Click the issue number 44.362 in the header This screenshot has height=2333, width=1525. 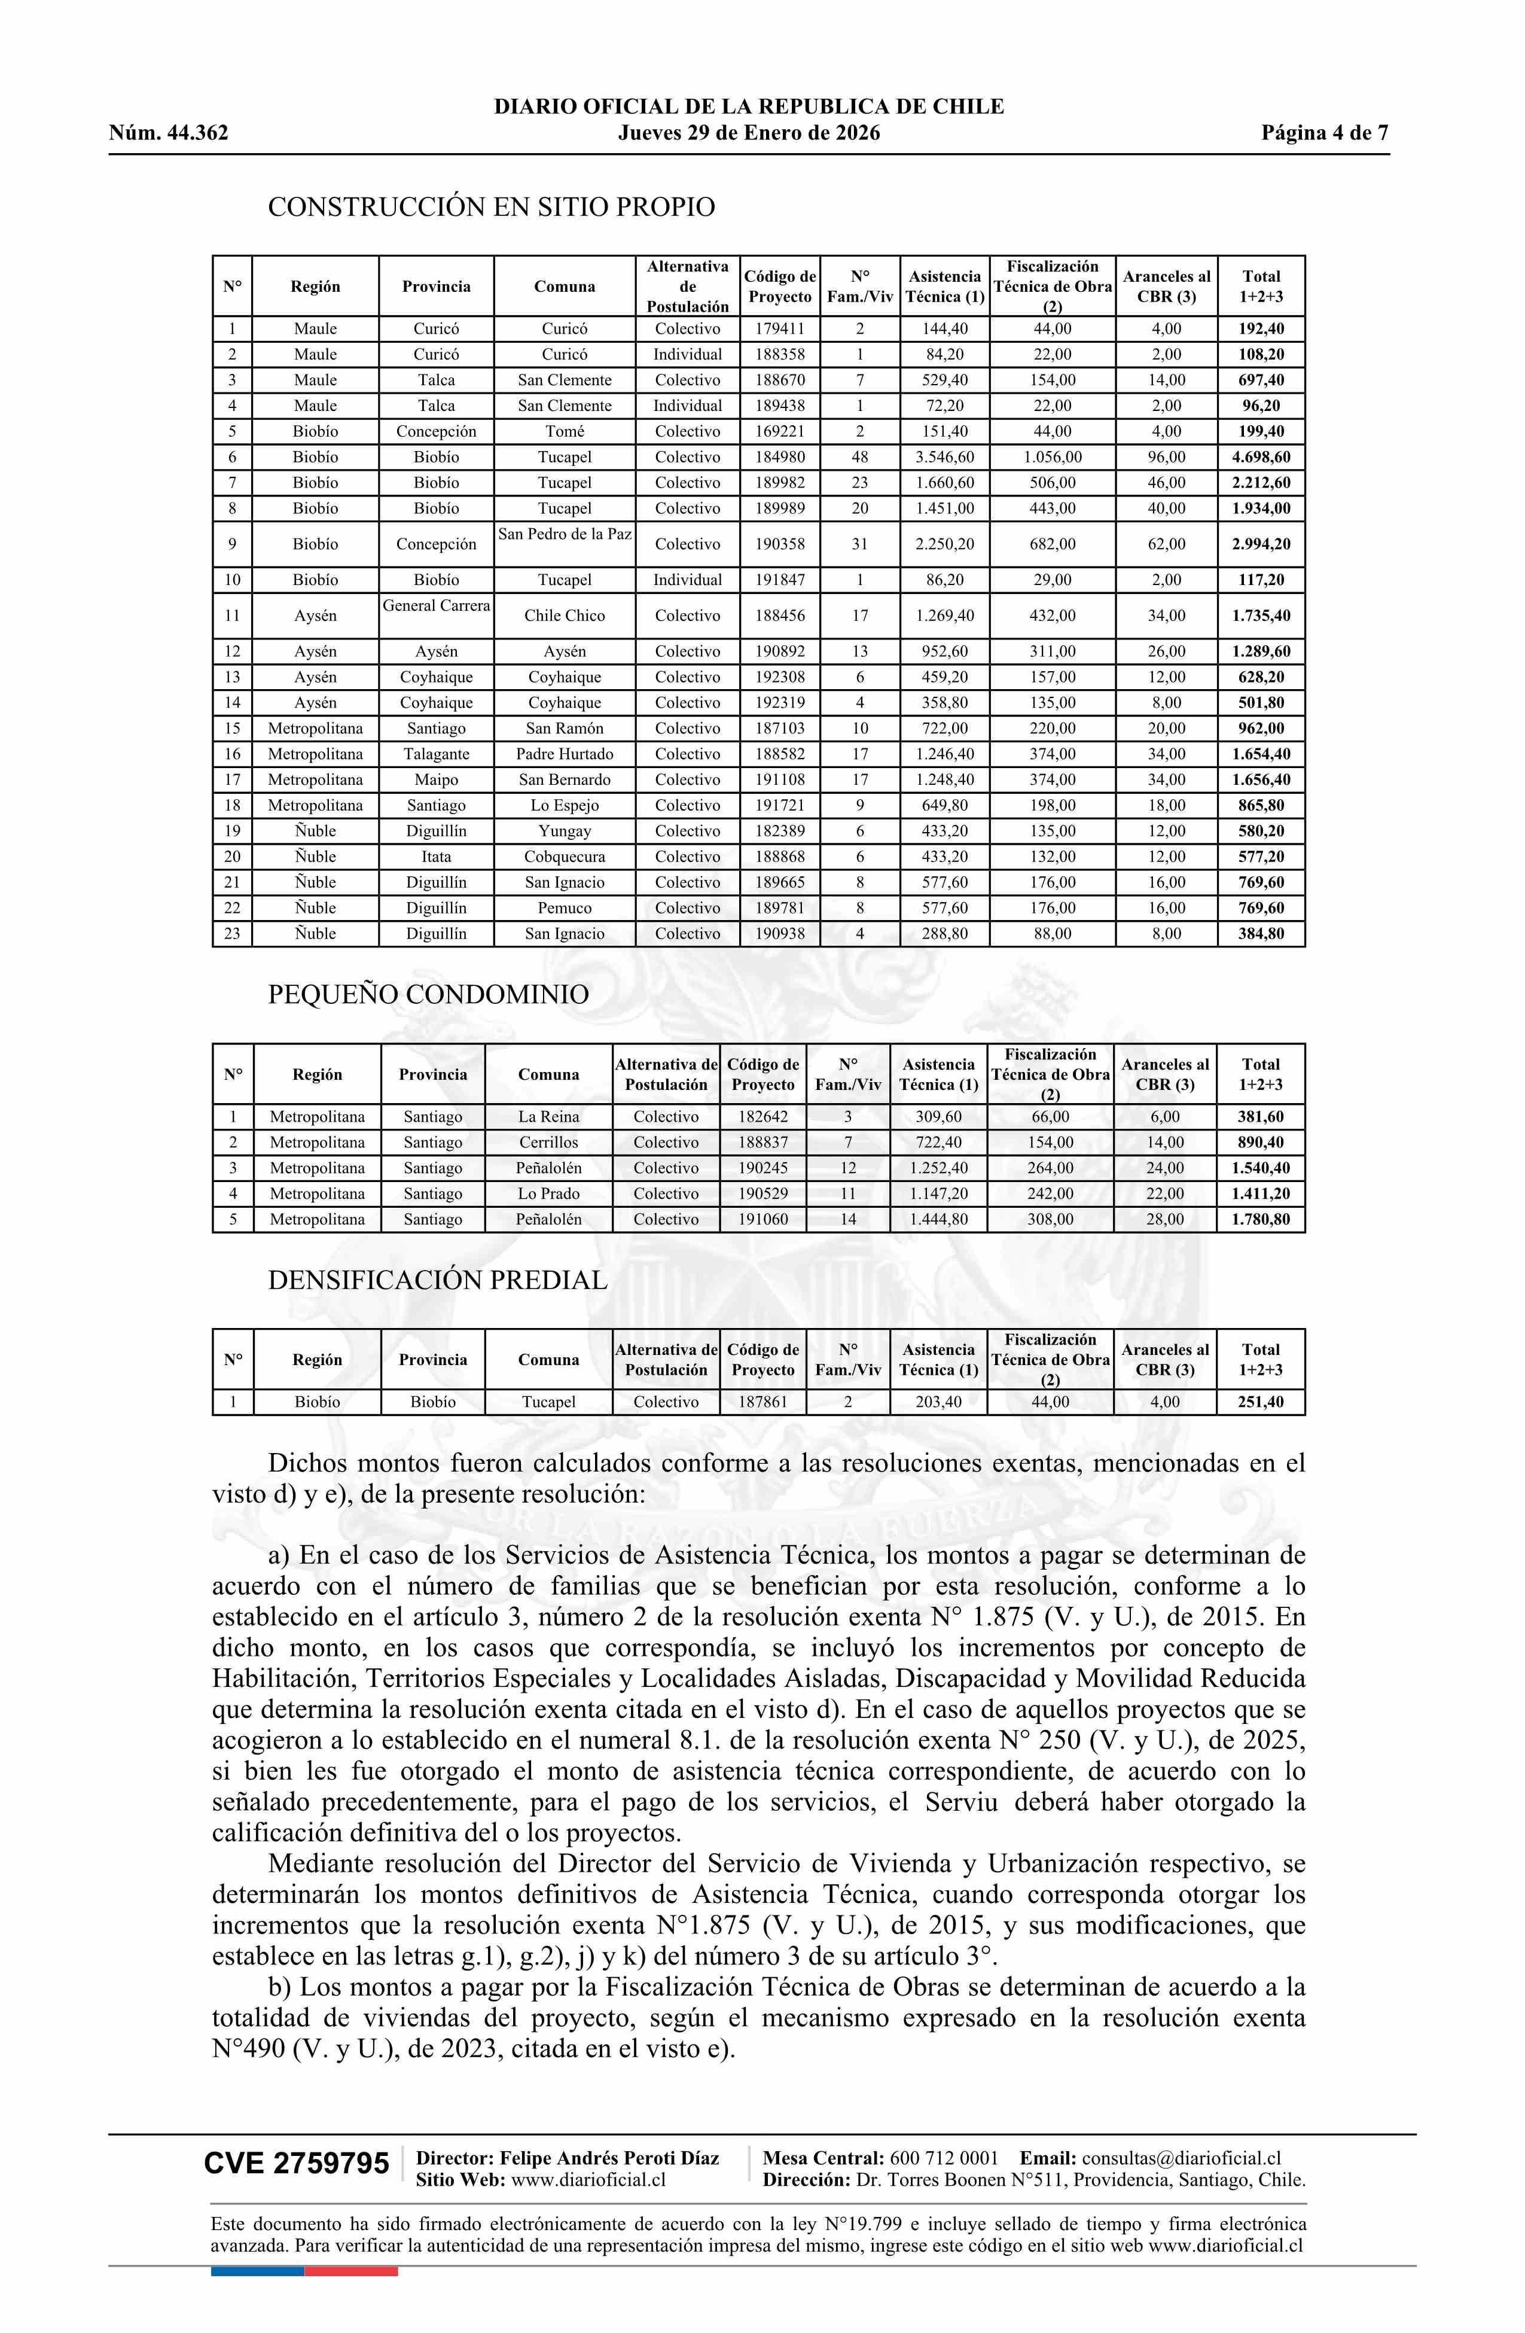pos(197,133)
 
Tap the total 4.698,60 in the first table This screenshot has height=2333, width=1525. pos(1261,457)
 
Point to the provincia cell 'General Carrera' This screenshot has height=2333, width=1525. pos(436,606)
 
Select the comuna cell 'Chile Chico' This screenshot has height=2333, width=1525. pos(565,616)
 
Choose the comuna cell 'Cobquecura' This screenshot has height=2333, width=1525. pos(565,857)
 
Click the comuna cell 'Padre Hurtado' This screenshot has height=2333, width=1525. pos(565,754)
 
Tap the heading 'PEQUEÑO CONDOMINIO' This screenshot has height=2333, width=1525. pos(428,994)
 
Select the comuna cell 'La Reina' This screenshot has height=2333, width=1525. pos(549,1116)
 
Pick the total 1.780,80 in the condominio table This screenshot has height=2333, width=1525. pos(1261,1219)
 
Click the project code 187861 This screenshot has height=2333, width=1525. pos(764,1402)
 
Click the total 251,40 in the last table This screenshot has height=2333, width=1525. pos(1261,1402)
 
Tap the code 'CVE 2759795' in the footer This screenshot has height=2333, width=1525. pos(296,2164)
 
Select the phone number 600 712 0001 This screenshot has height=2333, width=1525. pos(944,2158)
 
